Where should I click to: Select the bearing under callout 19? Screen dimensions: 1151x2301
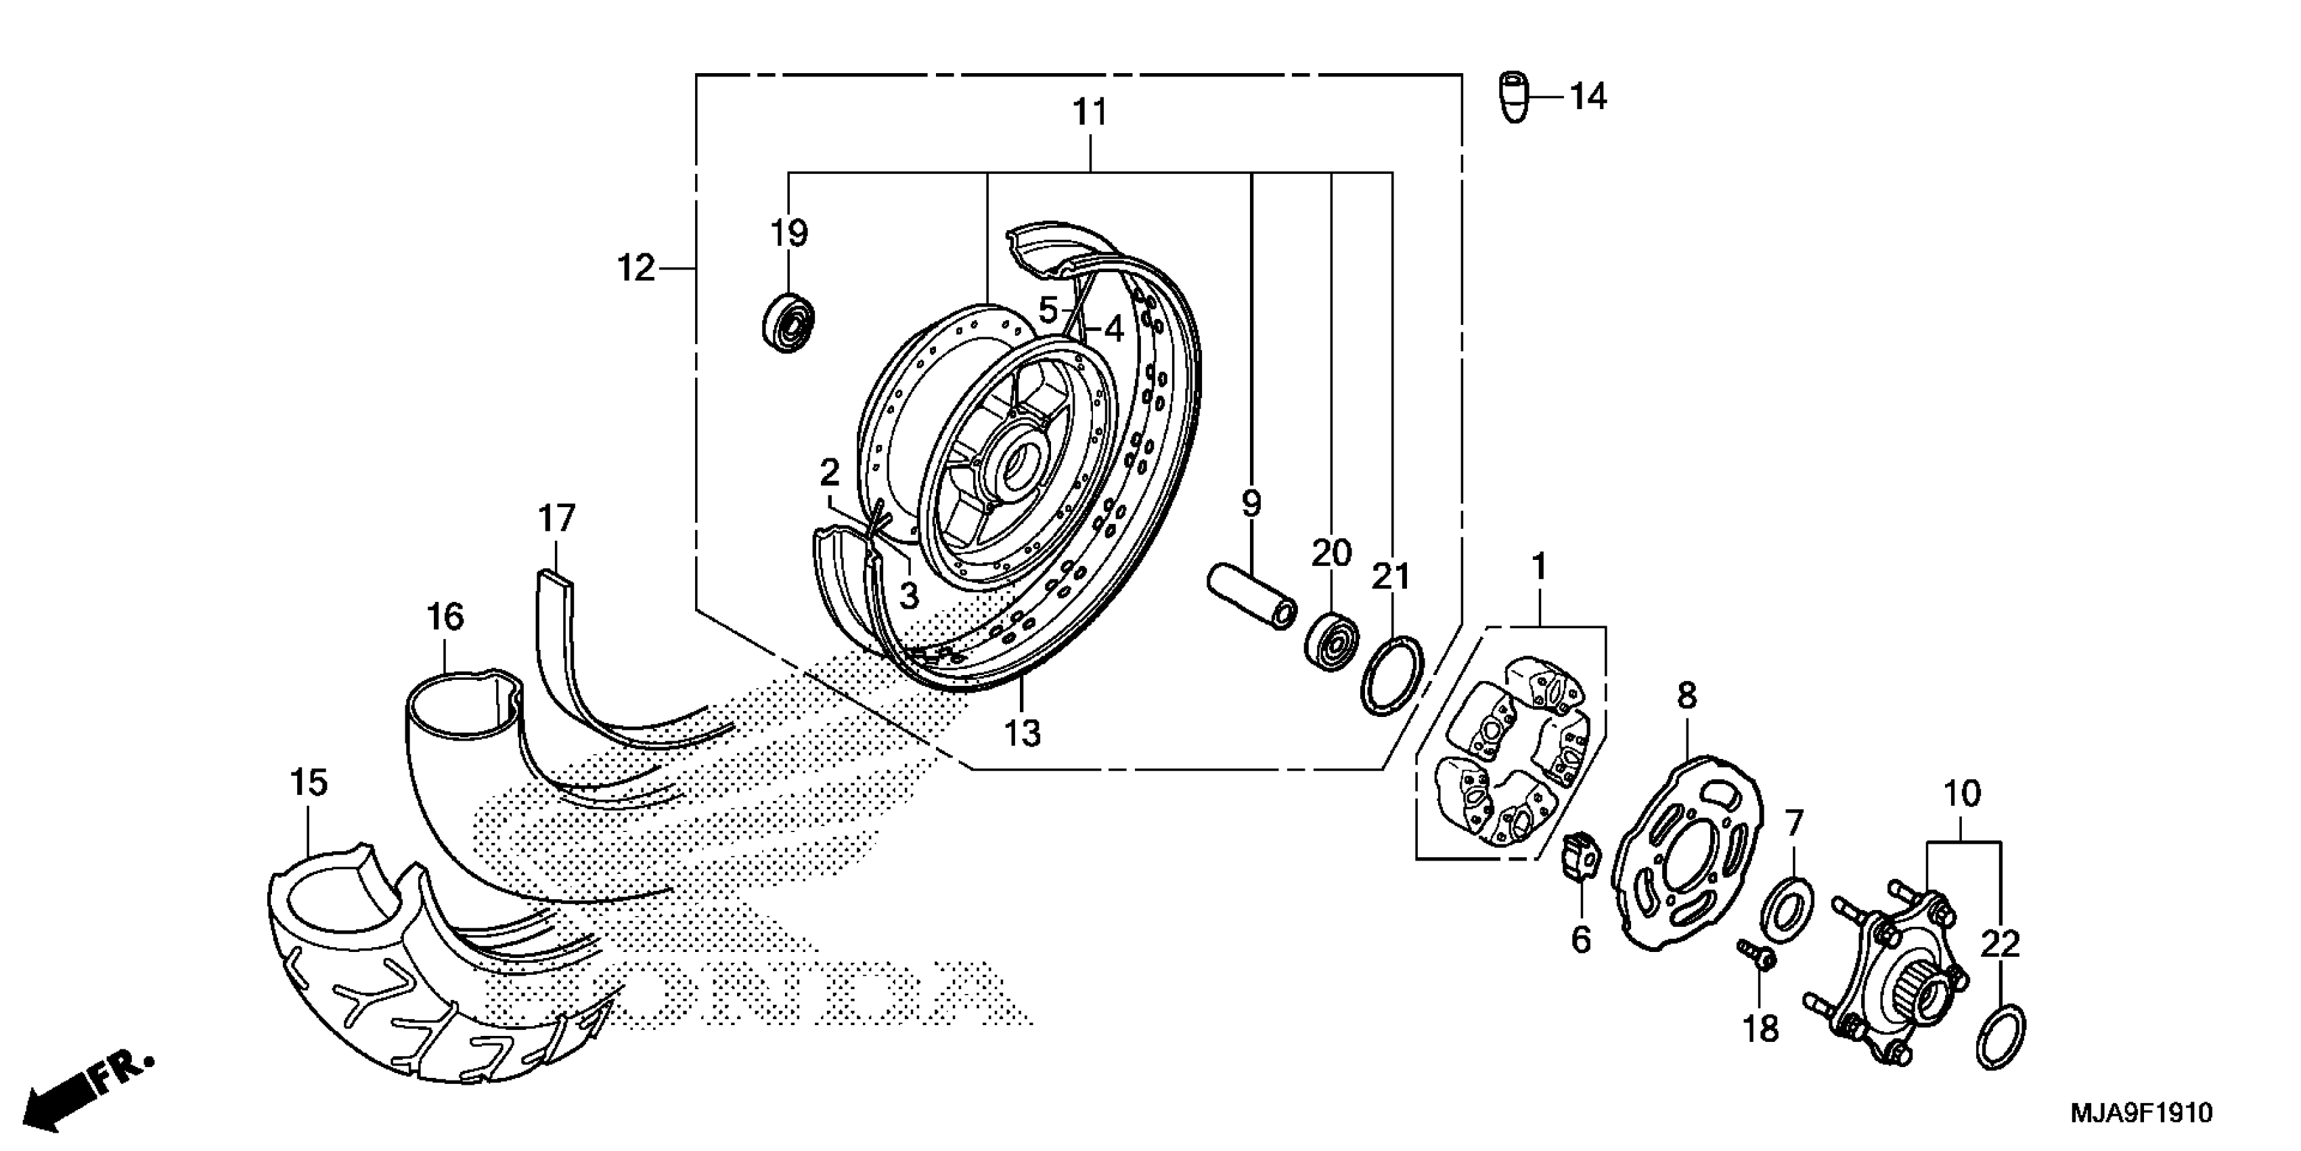[788, 321]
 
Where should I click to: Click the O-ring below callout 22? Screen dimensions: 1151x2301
[2000, 1036]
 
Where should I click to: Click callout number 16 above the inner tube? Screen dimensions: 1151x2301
[445, 617]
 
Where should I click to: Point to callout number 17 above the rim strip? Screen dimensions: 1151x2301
[556, 519]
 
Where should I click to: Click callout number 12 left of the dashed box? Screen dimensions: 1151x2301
[636, 268]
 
